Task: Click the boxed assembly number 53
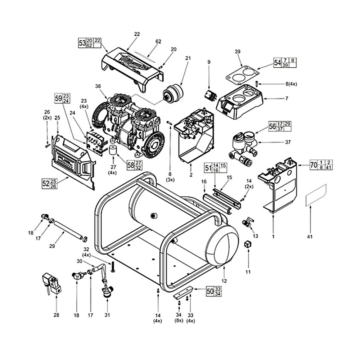pyautogui.click(x=82, y=43)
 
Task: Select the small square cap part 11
pyautogui.click(x=247, y=245)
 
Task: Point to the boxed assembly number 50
pyautogui.click(x=210, y=291)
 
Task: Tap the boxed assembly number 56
pyautogui.click(x=272, y=126)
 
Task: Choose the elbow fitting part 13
pyautogui.click(x=248, y=222)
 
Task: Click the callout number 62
pyautogui.click(x=158, y=41)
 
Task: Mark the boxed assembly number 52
pyautogui.click(x=45, y=183)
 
